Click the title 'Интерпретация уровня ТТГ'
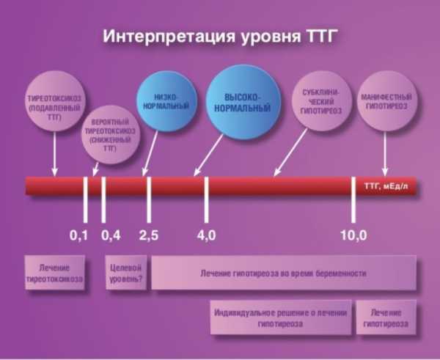coord(219,37)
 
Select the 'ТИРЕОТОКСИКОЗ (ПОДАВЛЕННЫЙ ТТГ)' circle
coord(54,101)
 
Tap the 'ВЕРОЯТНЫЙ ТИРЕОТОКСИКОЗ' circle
coord(110,135)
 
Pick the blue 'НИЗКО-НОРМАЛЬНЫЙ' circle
coord(166,101)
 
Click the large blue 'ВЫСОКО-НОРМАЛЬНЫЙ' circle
coord(243,102)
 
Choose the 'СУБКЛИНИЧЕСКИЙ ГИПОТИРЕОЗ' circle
coord(322,101)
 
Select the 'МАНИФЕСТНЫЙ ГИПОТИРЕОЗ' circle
coord(386,101)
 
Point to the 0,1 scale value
coord(78,235)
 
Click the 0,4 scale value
coord(111,235)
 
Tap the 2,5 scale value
coord(149,235)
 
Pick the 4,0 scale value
coord(207,235)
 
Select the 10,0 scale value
coord(353,235)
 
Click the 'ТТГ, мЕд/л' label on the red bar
coord(386,186)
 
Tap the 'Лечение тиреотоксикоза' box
coord(55,273)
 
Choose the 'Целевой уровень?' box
coord(126,273)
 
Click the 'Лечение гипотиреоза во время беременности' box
coord(284,273)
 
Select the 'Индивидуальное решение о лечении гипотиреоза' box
coord(281,317)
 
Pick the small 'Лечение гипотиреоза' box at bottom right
coord(386,317)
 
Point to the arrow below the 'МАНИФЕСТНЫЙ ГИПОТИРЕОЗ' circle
coord(385,154)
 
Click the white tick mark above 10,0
coord(353,199)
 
